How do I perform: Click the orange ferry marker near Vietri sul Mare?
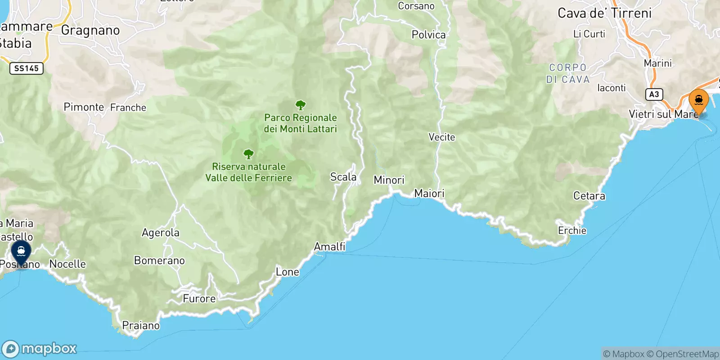[698, 100]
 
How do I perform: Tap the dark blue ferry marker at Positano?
[21, 252]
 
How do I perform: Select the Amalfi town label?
[329, 247]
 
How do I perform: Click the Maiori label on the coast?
[429, 193]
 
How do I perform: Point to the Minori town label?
[389, 180]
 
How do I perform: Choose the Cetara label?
[589, 196]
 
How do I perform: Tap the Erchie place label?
[572, 230]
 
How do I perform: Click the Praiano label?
[141, 325]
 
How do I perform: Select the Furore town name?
[199, 299]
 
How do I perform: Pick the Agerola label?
[160, 233]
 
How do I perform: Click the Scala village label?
[343, 177]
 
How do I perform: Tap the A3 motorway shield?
[654, 94]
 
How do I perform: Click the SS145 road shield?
[27, 68]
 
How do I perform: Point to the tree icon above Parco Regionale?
[301, 106]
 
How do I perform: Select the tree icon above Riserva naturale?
[248, 155]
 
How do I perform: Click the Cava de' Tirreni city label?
[604, 13]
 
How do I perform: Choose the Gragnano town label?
[90, 31]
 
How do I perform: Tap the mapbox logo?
[40, 349]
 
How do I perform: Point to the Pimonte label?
[84, 107]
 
